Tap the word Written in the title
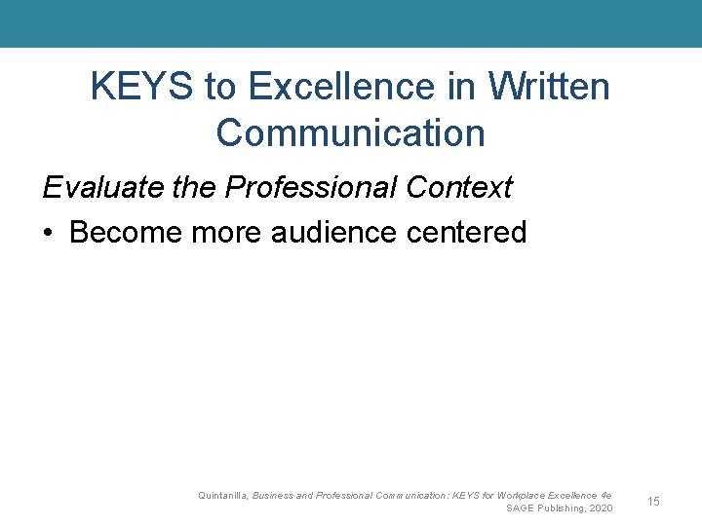coord(549,88)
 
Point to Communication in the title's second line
coord(351,132)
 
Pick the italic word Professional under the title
coord(310,187)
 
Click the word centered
coord(478,233)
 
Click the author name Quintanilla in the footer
coord(221,496)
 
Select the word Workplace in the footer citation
coord(525,496)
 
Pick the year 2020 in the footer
coord(601,508)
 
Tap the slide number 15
coord(653,502)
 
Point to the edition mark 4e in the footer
coord(606,496)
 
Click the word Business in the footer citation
coord(272,496)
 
